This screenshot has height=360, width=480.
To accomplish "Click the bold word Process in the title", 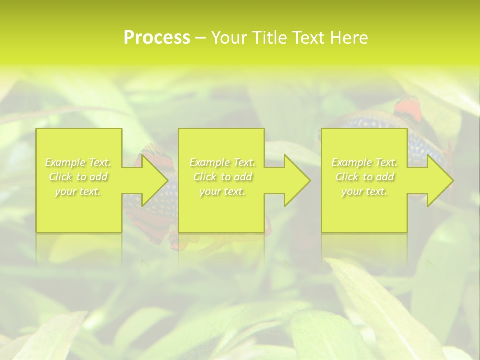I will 157,37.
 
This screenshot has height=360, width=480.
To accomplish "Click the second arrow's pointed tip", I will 309,180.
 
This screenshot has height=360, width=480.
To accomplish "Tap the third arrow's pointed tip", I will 452,180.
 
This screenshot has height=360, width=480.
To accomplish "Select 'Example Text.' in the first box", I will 78,162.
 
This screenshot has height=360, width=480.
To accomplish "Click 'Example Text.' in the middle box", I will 222,162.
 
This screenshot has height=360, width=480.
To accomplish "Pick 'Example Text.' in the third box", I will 364,162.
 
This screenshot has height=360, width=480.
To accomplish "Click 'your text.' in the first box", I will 78,191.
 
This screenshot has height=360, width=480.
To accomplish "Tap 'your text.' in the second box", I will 222,191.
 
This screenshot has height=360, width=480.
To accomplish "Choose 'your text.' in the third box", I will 364,191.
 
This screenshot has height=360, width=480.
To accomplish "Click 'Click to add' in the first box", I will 78,177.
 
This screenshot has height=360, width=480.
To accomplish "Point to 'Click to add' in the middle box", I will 222,177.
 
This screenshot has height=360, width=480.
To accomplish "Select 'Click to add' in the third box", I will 364,177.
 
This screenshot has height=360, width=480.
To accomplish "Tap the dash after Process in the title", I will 200,38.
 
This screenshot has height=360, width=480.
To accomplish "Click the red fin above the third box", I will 409,110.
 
